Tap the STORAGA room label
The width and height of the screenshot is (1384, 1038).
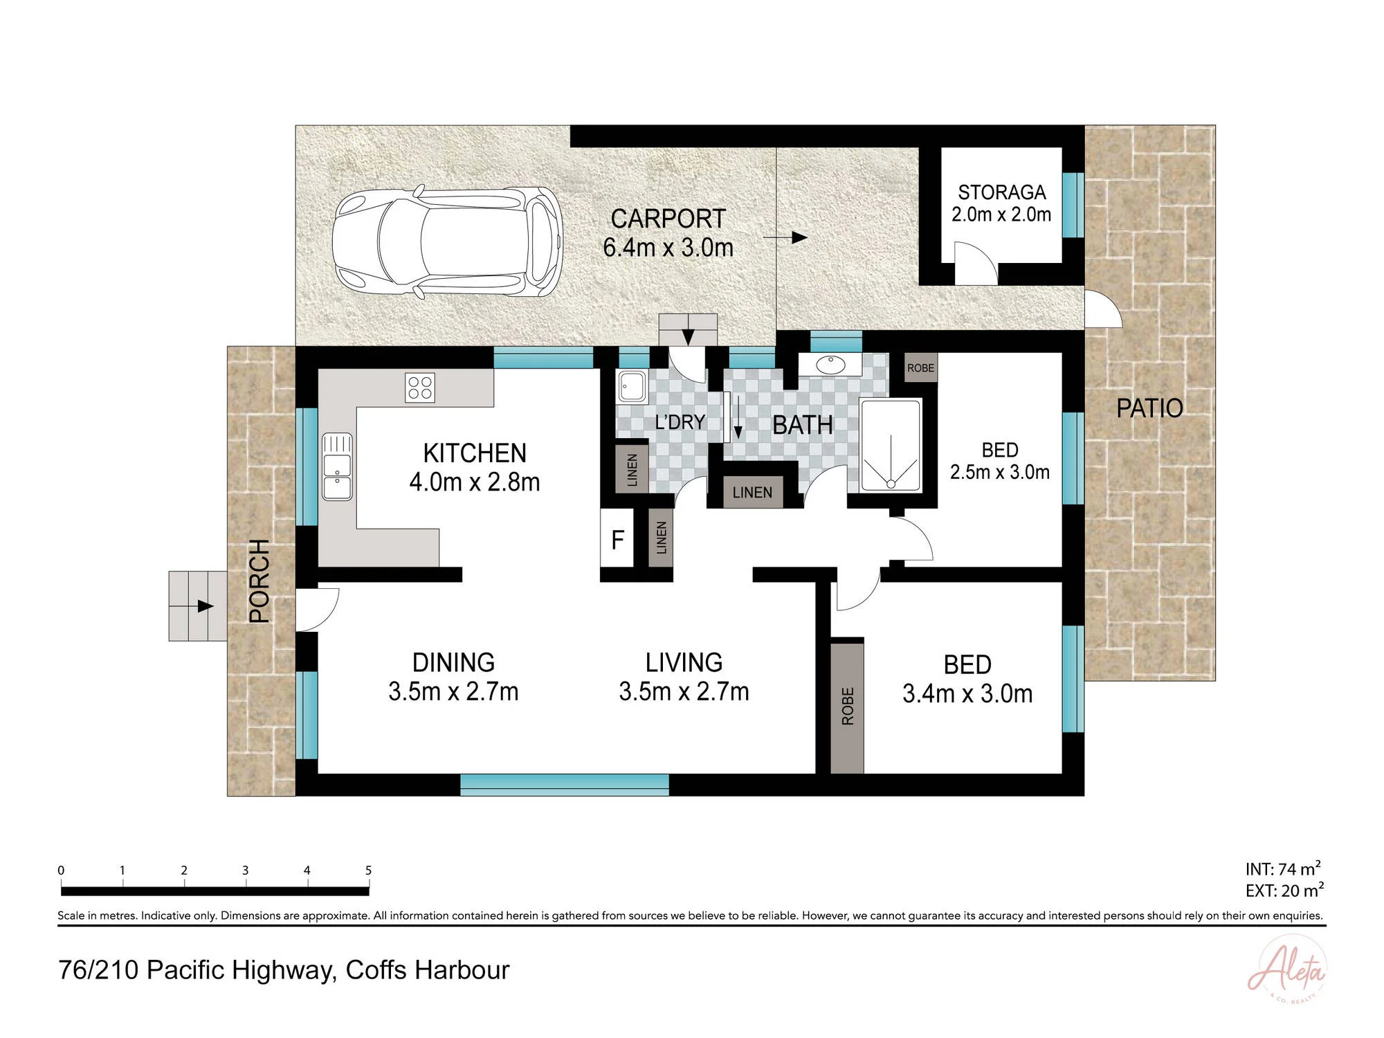click(1001, 192)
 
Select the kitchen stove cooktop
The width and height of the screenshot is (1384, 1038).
click(420, 388)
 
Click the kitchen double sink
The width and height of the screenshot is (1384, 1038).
click(337, 466)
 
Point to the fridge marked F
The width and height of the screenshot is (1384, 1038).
click(617, 538)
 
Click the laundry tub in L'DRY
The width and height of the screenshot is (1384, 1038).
click(631, 386)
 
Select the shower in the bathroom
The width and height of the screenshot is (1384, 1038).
click(891, 446)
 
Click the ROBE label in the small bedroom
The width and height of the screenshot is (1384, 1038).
click(920, 368)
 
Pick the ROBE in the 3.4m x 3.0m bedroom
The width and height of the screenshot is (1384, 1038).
click(847, 706)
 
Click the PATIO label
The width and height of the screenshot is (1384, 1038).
click(1149, 408)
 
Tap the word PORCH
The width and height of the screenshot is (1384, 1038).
click(259, 581)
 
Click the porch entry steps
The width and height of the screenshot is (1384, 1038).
click(198, 606)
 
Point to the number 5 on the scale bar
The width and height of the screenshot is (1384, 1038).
click(368, 871)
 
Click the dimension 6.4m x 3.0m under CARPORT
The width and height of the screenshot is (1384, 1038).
click(668, 247)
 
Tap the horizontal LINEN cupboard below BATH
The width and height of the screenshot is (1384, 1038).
click(752, 492)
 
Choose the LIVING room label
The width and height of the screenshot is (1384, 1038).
click(684, 662)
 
